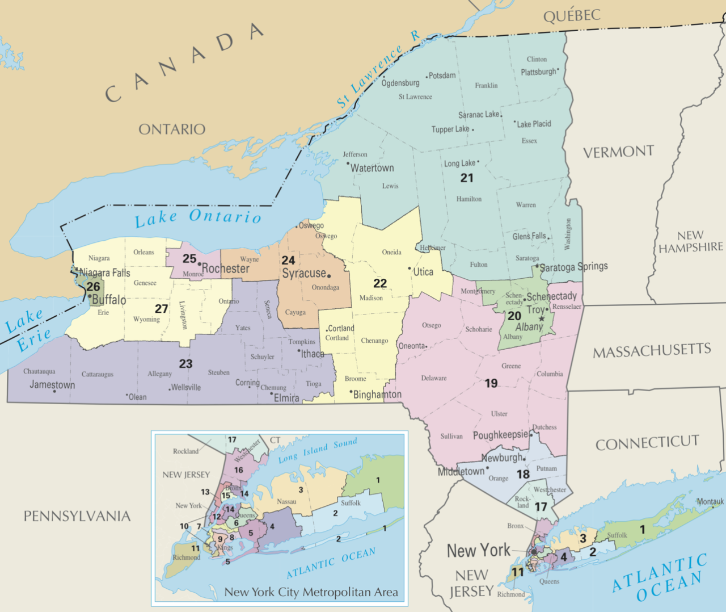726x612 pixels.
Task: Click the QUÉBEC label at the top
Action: tap(571, 15)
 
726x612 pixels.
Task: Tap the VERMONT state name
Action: tap(618, 152)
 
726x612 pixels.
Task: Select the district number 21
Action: tap(467, 178)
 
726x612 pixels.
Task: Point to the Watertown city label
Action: tap(372, 168)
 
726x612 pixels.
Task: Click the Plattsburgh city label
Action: tap(538, 72)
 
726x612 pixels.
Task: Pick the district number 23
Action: tap(185, 364)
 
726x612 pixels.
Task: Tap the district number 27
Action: tap(162, 309)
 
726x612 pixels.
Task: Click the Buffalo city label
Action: tap(109, 300)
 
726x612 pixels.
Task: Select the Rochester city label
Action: tap(226, 269)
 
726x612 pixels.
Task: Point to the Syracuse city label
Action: tap(304, 273)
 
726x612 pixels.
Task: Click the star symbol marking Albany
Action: tap(542, 318)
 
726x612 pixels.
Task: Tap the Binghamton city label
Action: tap(377, 395)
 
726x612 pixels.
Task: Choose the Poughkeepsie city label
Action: tap(500, 435)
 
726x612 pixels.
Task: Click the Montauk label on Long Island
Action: tap(710, 501)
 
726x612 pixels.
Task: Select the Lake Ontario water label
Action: tap(198, 217)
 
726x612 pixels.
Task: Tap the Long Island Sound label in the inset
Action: tap(318, 450)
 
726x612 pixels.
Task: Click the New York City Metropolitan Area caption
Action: tap(311, 592)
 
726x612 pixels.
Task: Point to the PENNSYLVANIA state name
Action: tap(77, 516)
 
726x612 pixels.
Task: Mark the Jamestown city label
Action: tap(52, 384)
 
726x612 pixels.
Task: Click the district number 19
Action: tap(491, 383)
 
